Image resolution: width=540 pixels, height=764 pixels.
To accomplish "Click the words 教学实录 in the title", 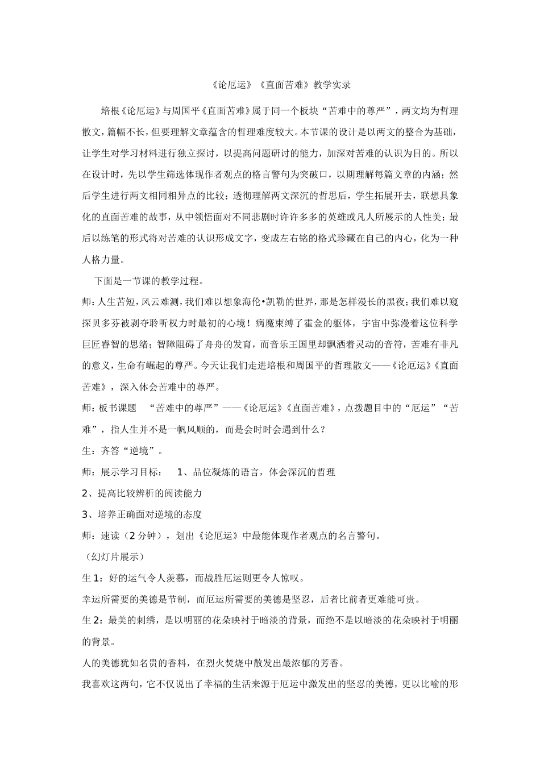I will coord(332,85).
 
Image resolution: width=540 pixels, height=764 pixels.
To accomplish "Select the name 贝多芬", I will coord(109,323).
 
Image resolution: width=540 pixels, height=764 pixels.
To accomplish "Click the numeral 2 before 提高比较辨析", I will coord(85,493).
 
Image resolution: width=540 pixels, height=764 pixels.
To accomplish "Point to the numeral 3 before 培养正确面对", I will coord(85,514).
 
